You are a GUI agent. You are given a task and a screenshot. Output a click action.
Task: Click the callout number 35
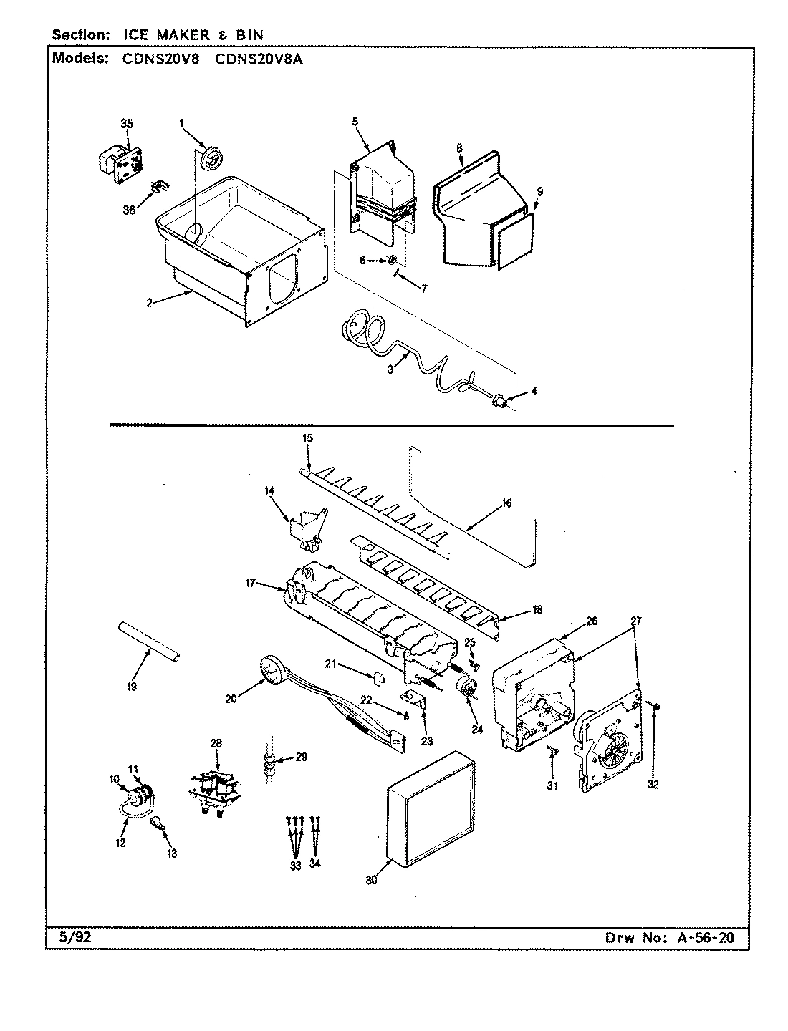(127, 124)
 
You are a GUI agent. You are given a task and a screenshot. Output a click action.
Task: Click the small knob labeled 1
(212, 158)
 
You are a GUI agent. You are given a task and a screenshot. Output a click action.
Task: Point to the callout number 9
(539, 191)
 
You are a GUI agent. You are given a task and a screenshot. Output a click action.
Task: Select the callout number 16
(506, 503)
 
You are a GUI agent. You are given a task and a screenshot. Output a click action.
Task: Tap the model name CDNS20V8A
(259, 60)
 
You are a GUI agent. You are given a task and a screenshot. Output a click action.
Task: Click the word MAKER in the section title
(170, 35)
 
